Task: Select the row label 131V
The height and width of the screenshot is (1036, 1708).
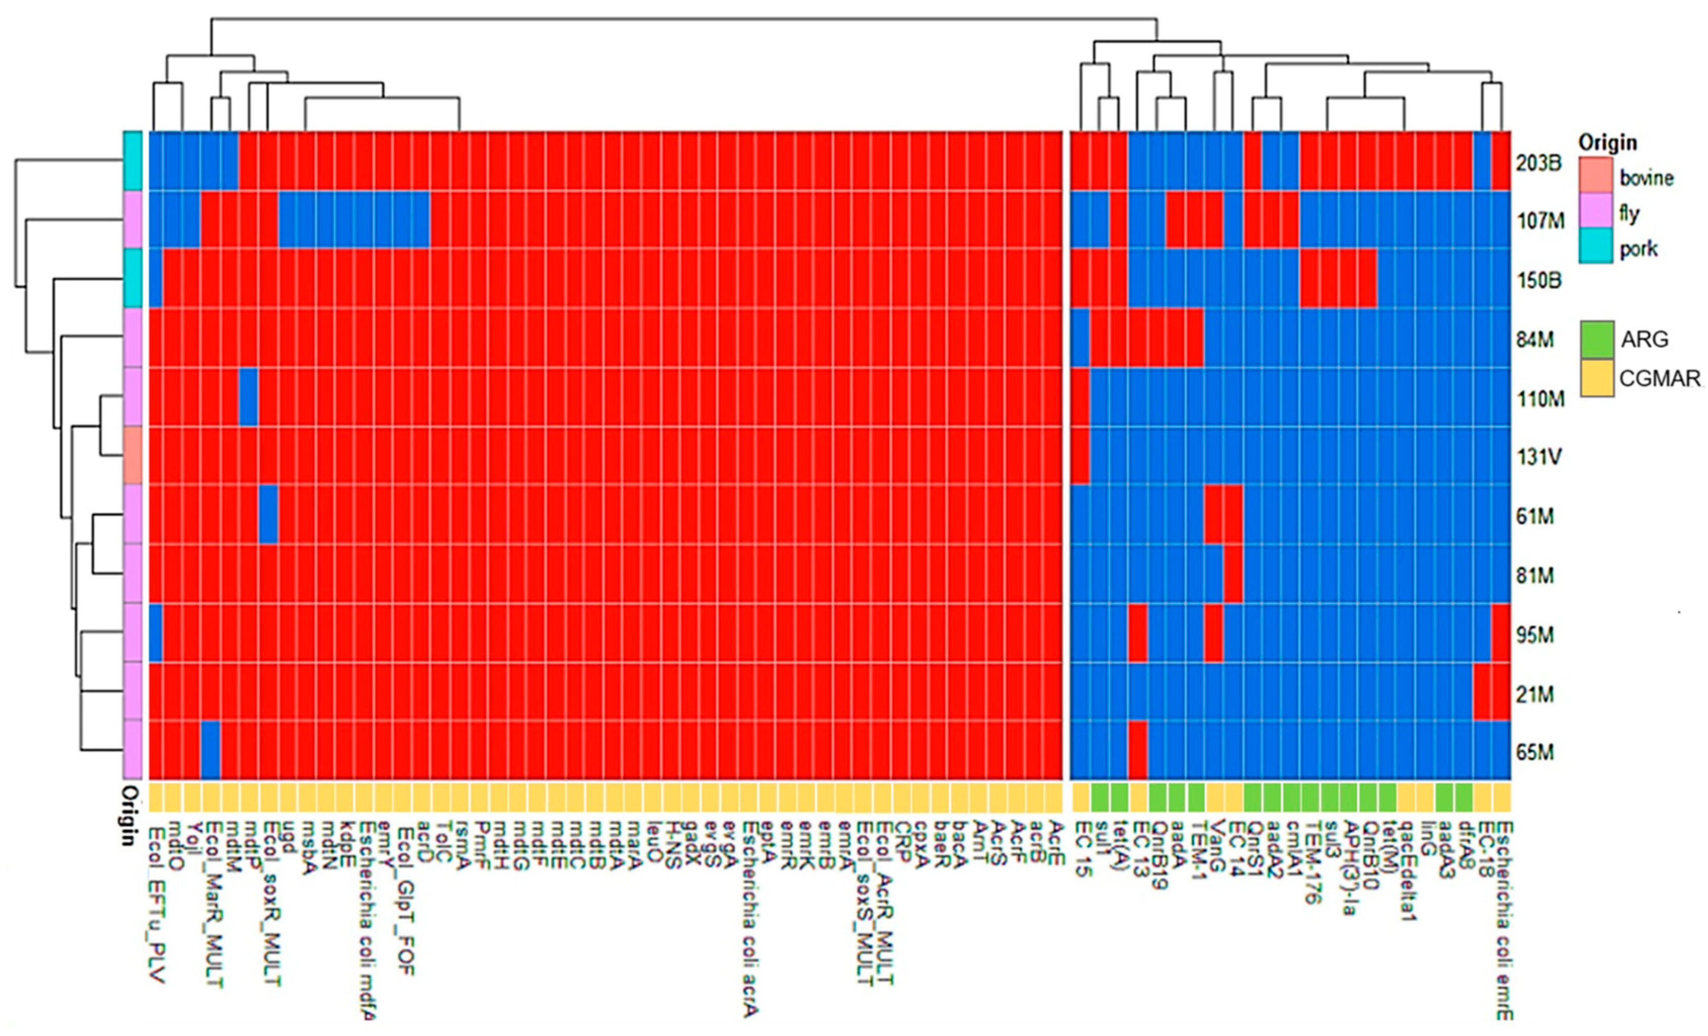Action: coord(1539,457)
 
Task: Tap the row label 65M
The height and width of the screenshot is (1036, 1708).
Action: coord(1535,752)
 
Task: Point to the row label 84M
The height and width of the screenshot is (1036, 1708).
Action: coord(1535,340)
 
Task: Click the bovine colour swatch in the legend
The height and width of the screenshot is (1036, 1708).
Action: coord(1596,176)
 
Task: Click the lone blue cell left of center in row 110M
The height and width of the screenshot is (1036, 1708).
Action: coord(249,398)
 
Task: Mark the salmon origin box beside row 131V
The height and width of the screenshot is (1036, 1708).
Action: coord(133,455)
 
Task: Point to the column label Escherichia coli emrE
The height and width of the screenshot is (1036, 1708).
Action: coord(1503,921)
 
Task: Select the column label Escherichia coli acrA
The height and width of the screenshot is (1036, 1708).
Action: coord(750,918)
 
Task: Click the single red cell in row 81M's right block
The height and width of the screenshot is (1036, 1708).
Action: coord(1233,574)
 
